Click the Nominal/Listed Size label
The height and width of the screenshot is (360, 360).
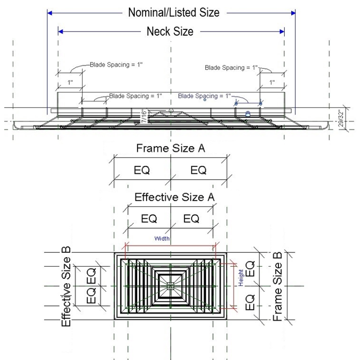(174, 12)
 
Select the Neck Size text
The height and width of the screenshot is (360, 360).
(170, 31)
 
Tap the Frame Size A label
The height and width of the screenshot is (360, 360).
(171, 148)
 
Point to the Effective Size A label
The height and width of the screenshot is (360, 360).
(174, 197)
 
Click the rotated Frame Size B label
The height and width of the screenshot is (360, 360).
(278, 287)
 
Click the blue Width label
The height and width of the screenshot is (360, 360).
(162, 238)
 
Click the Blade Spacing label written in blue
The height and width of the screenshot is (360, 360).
(204, 96)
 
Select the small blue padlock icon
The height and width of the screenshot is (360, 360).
(247, 113)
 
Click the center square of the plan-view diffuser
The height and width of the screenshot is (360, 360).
(170, 286)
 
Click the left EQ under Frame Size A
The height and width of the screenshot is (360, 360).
(141, 170)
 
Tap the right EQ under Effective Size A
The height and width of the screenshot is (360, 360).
(191, 219)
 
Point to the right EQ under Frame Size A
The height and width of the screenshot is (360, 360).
(198, 170)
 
